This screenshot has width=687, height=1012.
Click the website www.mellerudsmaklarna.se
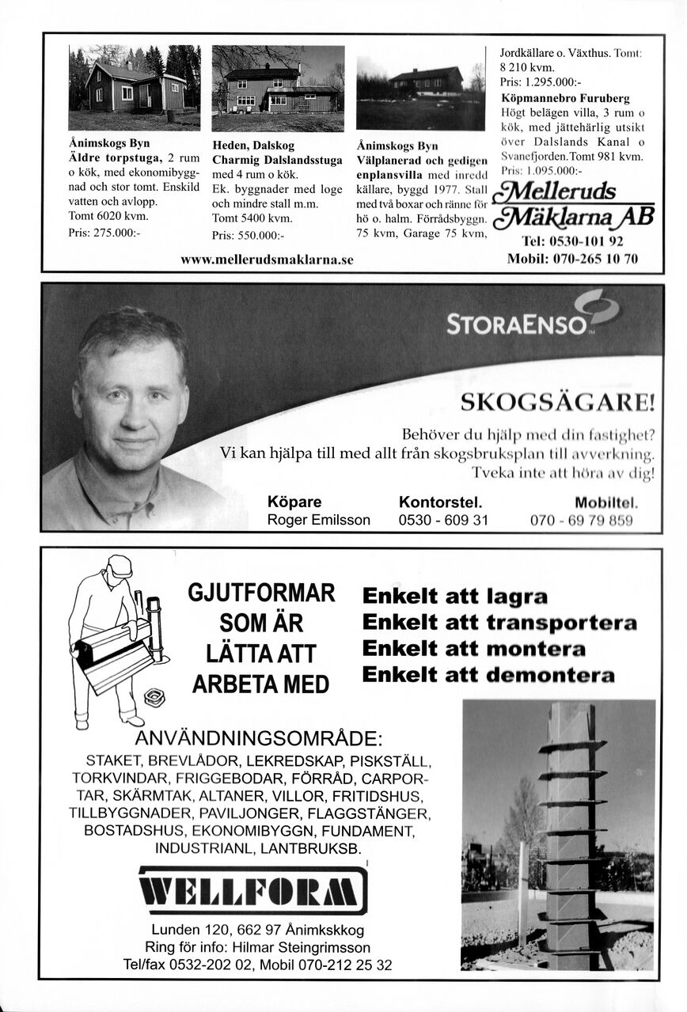(x=267, y=259)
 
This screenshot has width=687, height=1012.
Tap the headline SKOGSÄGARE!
(x=558, y=404)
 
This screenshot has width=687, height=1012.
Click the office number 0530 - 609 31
(x=443, y=520)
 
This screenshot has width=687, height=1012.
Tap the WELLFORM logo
(x=253, y=889)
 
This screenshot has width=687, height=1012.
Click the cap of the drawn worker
(x=120, y=565)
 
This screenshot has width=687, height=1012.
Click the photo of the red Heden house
(x=278, y=89)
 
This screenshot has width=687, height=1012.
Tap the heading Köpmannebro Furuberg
(x=566, y=98)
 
